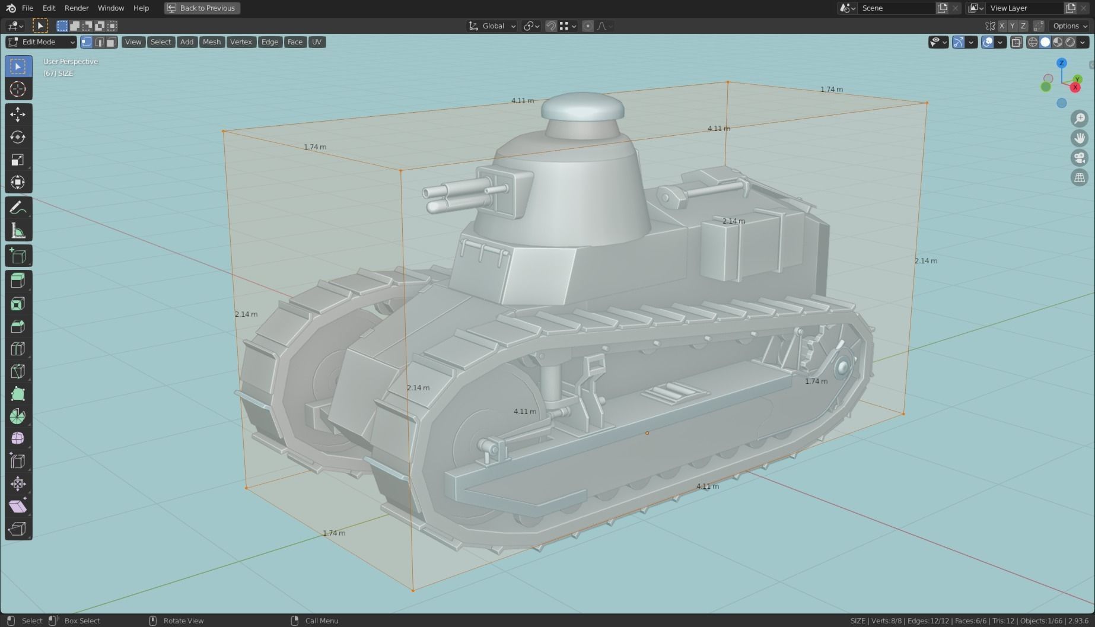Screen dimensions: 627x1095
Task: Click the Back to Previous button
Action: tap(202, 8)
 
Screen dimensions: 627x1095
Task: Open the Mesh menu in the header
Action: tap(211, 42)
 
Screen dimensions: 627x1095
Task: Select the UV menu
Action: tap(317, 42)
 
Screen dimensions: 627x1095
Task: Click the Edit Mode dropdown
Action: tap(41, 42)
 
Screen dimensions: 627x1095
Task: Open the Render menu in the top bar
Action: tap(77, 8)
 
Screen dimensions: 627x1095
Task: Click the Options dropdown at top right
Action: tap(1069, 26)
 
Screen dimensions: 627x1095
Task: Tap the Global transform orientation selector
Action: tap(492, 26)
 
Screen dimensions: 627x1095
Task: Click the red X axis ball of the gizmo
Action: tap(1075, 88)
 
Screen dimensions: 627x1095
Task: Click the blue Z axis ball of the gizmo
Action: tap(1062, 63)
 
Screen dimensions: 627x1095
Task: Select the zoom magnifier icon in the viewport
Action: tap(1080, 119)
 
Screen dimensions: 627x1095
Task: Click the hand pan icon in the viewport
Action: tap(1080, 138)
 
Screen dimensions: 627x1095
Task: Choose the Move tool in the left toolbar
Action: tap(18, 114)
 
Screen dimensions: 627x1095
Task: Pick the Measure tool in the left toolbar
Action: tap(18, 231)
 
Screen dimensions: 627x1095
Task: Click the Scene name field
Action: tap(896, 8)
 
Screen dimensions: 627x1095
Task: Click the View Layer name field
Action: tap(1023, 8)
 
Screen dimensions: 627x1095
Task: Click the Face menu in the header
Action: tap(295, 42)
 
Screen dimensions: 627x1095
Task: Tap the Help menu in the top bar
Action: tap(141, 8)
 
